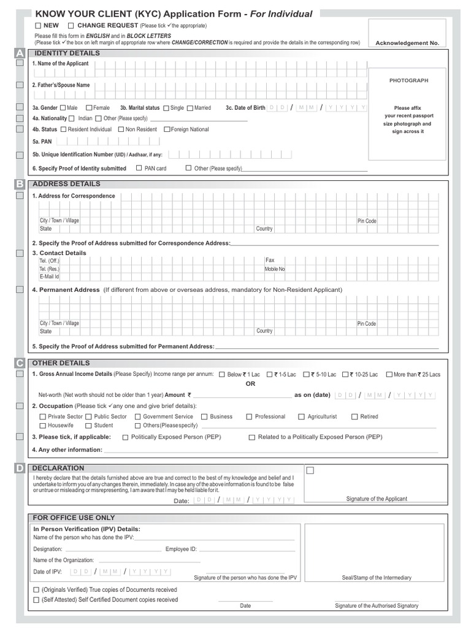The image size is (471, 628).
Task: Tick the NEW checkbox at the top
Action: pos(38,25)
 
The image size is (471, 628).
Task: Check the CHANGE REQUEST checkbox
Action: pos(71,25)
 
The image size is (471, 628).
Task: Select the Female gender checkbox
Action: pos(89,108)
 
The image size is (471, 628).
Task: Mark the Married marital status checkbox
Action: pos(190,108)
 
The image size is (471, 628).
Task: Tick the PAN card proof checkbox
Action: pos(139,168)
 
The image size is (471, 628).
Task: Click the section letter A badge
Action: pos(20,53)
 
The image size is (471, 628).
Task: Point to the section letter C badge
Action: pos(20,363)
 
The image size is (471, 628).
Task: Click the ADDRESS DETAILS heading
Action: pos(66,184)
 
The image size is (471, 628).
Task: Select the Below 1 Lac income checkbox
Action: pos(221,374)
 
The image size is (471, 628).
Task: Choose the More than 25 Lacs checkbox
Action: pos(389,374)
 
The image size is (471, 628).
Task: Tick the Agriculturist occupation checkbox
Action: pos(302,417)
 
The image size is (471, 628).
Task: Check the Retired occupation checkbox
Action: pos(354,417)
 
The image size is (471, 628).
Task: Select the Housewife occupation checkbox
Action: pos(42,426)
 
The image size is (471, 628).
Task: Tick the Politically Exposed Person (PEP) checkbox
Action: pos(125,437)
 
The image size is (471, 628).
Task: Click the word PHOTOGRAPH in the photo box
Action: pos(408,80)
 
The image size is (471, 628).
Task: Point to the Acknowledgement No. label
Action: pos(407,43)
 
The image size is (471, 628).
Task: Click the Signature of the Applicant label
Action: pos(376,499)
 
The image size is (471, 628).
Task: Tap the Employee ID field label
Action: pos(181,549)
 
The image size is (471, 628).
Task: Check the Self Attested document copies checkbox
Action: pos(36,600)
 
